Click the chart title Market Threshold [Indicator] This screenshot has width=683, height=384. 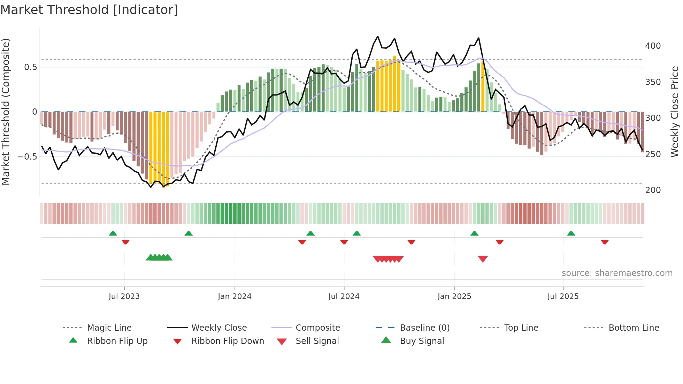[x=89, y=10]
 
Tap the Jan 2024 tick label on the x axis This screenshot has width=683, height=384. [x=235, y=297]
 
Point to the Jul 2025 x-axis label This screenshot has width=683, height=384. [x=563, y=297]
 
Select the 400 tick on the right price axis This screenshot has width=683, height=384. [x=653, y=46]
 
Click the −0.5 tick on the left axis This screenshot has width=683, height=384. [x=28, y=156]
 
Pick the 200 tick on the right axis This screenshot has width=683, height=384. [x=653, y=190]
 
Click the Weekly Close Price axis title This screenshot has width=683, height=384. [x=675, y=112]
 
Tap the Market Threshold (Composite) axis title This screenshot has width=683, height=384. [x=6, y=112]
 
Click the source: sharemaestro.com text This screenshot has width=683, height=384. [x=617, y=273]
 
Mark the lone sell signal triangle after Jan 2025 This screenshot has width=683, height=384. [x=483, y=259]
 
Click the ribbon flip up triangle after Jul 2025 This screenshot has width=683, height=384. [x=571, y=233]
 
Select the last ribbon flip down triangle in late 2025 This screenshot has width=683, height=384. [x=605, y=242]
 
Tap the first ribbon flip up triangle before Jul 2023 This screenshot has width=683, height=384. [x=113, y=233]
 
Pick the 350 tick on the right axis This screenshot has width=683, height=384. [x=653, y=82]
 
